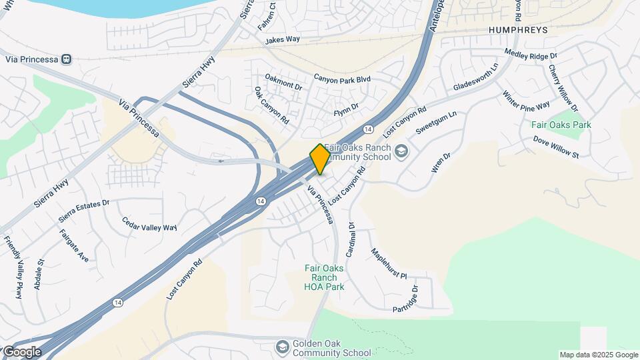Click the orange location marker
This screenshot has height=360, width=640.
click(320, 159)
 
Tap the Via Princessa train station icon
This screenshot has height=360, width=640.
click(66, 59)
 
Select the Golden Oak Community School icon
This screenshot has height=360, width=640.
click(283, 347)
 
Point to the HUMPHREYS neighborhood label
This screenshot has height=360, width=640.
click(517, 31)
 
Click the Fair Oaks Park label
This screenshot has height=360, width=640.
click(561, 125)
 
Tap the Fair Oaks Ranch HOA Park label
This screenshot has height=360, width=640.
click(324, 277)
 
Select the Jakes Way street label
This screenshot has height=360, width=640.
click(283, 41)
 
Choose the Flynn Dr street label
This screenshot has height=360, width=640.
click(346, 107)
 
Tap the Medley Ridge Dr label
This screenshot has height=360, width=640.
click(530, 54)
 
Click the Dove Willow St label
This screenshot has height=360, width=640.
click(556, 147)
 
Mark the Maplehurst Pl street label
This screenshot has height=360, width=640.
click(389, 264)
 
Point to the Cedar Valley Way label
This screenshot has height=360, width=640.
click(149, 223)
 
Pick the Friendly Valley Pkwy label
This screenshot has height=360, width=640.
click(13, 267)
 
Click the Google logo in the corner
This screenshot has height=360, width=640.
click(21, 351)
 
